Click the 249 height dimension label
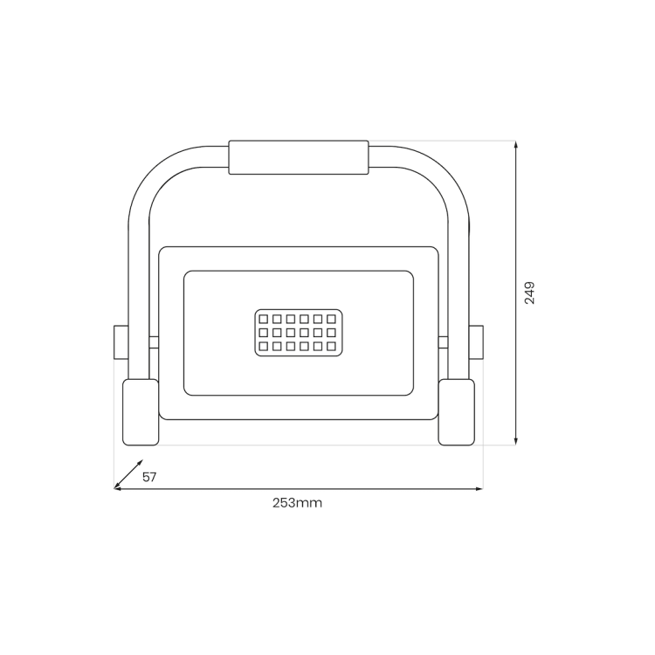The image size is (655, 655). pyautogui.click(x=529, y=293)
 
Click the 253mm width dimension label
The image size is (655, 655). pyautogui.click(x=297, y=503)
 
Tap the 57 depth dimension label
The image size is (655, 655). pyautogui.click(x=149, y=477)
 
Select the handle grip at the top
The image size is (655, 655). pyautogui.click(x=298, y=157)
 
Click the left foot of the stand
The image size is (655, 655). pyautogui.click(x=140, y=411)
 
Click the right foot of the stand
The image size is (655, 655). pyautogui.click(x=456, y=411)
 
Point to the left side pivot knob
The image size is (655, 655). pyautogui.click(x=121, y=341)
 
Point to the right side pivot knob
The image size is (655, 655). pyautogui.click(x=476, y=341)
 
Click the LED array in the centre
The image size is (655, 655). pyautogui.click(x=297, y=333)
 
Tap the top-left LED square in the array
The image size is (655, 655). pyautogui.click(x=263, y=320)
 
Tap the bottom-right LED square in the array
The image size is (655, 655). pyautogui.click(x=331, y=347)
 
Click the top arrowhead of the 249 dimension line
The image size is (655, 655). pyautogui.click(x=516, y=146)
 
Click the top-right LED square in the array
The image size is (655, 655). pyautogui.click(x=331, y=320)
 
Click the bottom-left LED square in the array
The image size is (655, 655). pyautogui.click(x=263, y=347)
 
